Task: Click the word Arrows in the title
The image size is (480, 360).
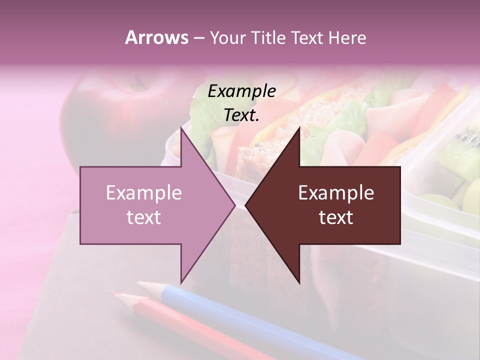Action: pos(156,37)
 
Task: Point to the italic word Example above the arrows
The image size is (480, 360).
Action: pos(241,91)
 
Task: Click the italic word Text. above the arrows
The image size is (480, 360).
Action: pos(241,115)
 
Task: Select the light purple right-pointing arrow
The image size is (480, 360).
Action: pos(150,205)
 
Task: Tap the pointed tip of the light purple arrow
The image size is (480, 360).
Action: pos(234,205)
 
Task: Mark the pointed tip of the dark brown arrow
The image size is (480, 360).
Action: pos(246,205)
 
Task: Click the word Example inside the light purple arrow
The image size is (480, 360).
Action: pos(143,193)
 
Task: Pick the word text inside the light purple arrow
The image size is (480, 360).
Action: pos(143,217)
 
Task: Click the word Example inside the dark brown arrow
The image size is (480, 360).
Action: pos(336,193)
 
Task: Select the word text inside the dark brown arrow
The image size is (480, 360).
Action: pos(336,217)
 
